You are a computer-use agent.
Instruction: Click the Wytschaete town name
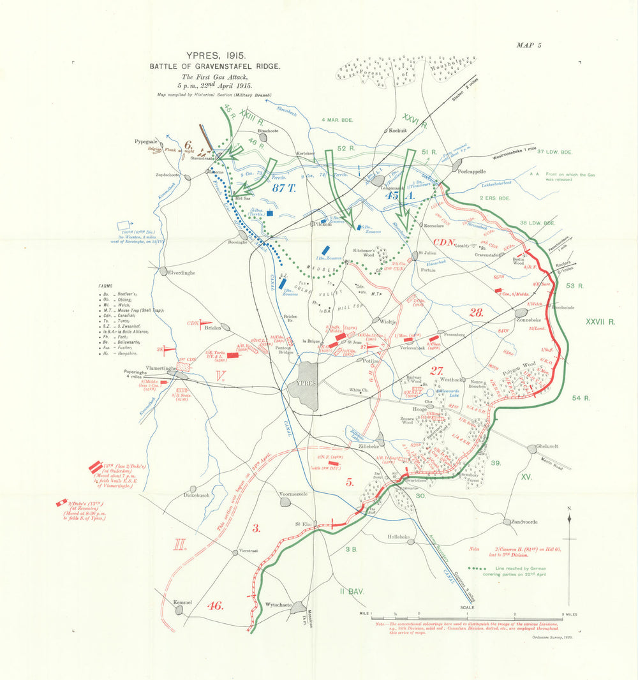[x=279, y=605]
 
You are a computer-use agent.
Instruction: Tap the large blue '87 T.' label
[x=285, y=188]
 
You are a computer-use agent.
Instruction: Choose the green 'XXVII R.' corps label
[x=600, y=323]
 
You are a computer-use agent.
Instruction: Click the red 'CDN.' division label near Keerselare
[x=443, y=242]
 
